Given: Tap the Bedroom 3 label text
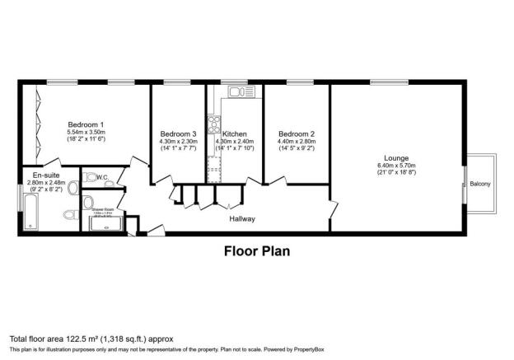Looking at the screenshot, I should pos(178,134).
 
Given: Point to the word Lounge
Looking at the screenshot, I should pos(397,157).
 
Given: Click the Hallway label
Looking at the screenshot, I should pos(242,219).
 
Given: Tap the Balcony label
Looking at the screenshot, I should pos(480,184).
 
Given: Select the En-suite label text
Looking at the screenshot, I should pos(45,175).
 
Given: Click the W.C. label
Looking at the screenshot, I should pos(103,177).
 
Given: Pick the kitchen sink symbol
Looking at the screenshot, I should pos(237,91).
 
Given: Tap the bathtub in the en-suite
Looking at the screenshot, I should pos(30,211).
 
